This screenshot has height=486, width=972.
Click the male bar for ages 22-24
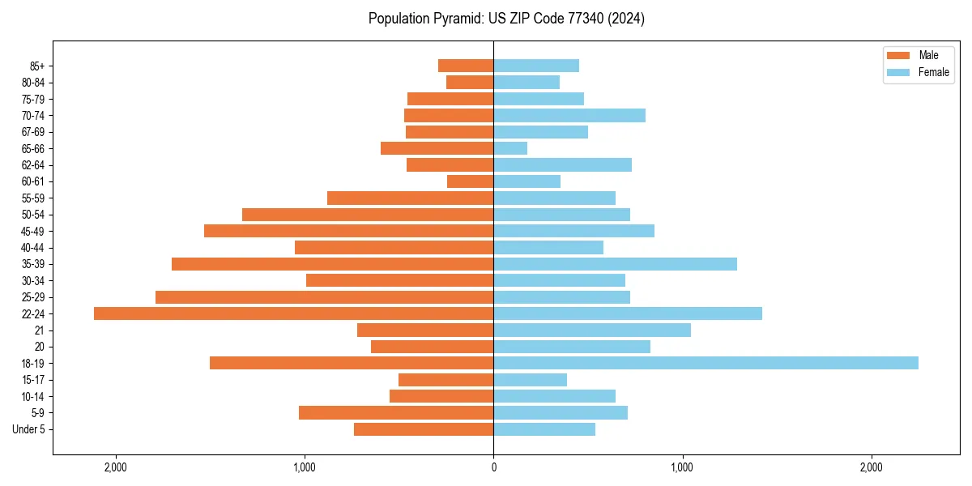[x=293, y=313]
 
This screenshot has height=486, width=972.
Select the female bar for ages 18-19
[x=706, y=363]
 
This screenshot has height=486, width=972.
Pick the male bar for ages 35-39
[x=332, y=264]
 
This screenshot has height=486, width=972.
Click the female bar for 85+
[x=536, y=66]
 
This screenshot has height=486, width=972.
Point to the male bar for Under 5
[x=424, y=429]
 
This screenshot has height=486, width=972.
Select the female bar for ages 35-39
[x=615, y=264]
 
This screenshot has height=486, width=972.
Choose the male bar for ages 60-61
[x=470, y=181]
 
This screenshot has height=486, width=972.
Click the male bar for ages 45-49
[x=348, y=231]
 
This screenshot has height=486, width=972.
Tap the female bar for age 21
[x=592, y=330]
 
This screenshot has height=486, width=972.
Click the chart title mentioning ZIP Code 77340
[x=506, y=19]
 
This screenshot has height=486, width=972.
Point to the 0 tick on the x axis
[x=493, y=467]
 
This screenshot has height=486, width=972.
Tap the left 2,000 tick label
[x=116, y=467]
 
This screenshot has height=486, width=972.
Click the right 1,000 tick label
[x=682, y=467]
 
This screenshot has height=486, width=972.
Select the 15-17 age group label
[x=33, y=380]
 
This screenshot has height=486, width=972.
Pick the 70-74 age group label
[x=33, y=115]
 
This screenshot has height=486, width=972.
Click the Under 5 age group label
[x=28, y=429]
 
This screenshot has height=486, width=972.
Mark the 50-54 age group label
[x=33, y=215]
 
